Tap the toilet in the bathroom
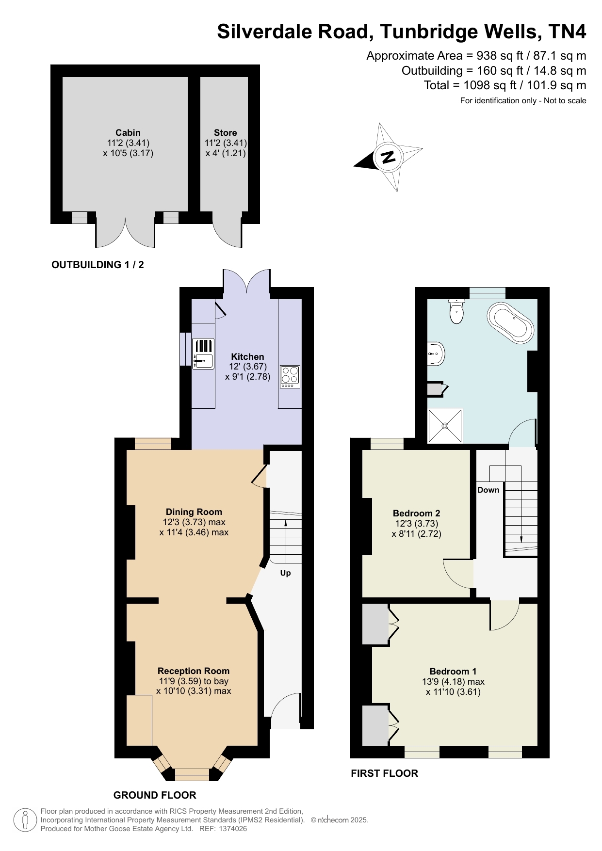click(457, 311)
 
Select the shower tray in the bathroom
click(445, 426)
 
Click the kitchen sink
click(204, 353)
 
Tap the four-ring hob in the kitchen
click(290, 376)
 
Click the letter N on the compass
click(388, 157)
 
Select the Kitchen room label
click(247, 356)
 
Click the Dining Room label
click(194, 512)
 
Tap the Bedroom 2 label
click(417, 513)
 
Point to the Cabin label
click(128, 132)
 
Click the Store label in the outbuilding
click(226, 132)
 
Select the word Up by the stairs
click(286, 573)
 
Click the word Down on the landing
click(488, 490)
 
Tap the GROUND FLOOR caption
click(155, 795)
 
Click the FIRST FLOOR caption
click(385, 773)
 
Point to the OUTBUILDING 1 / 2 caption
click(98, 265)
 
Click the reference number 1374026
click(233, 829)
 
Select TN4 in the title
click(568, 32)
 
